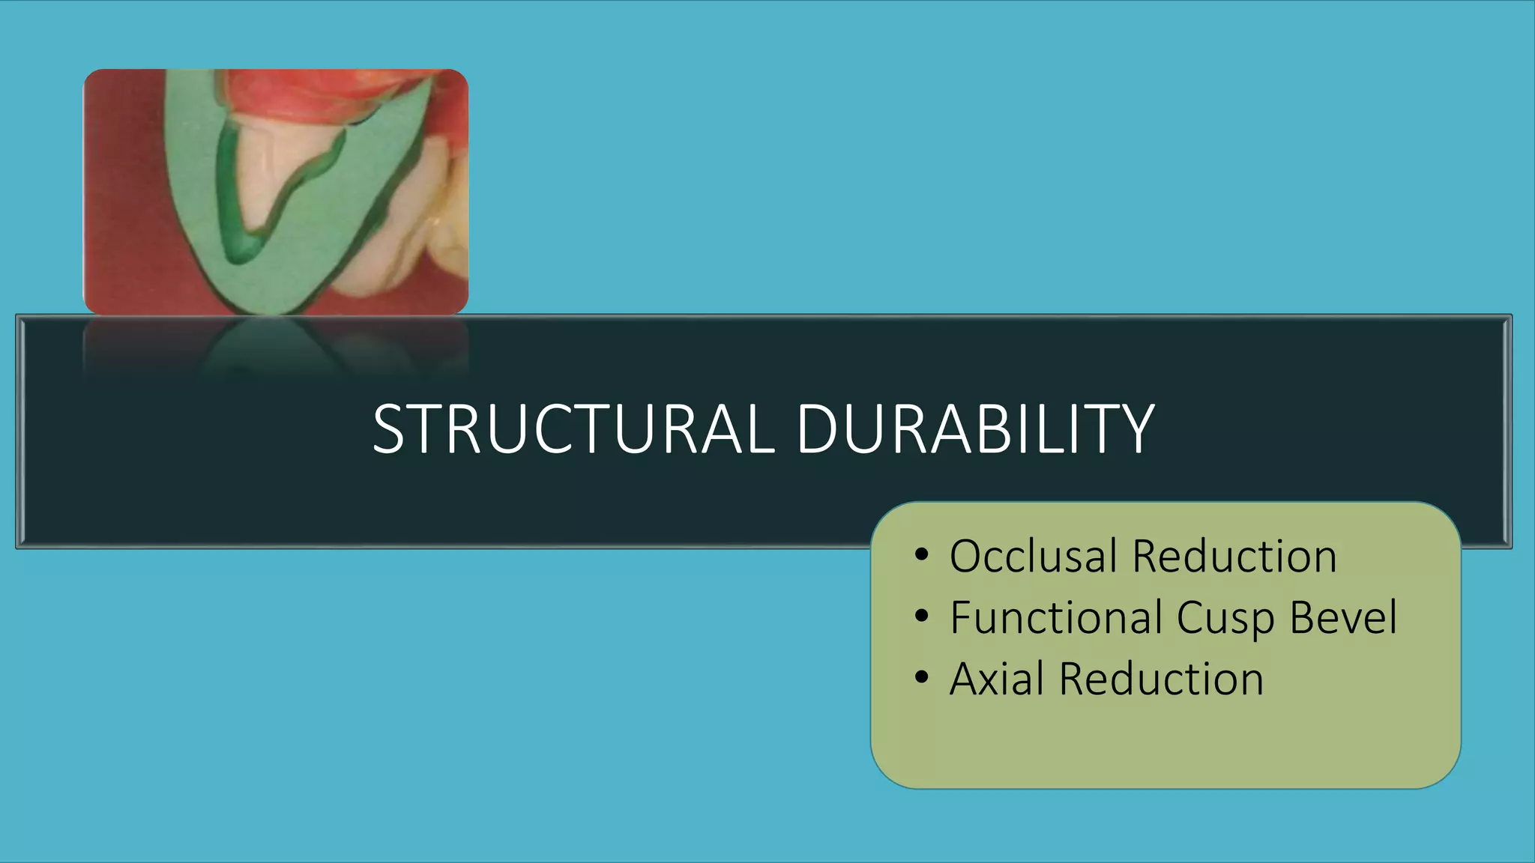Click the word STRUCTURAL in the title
[x=573, y=429]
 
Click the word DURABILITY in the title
[x=974, y=429]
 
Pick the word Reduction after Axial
[x=1161, y=679]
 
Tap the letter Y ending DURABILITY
[x=1135, y=429]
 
